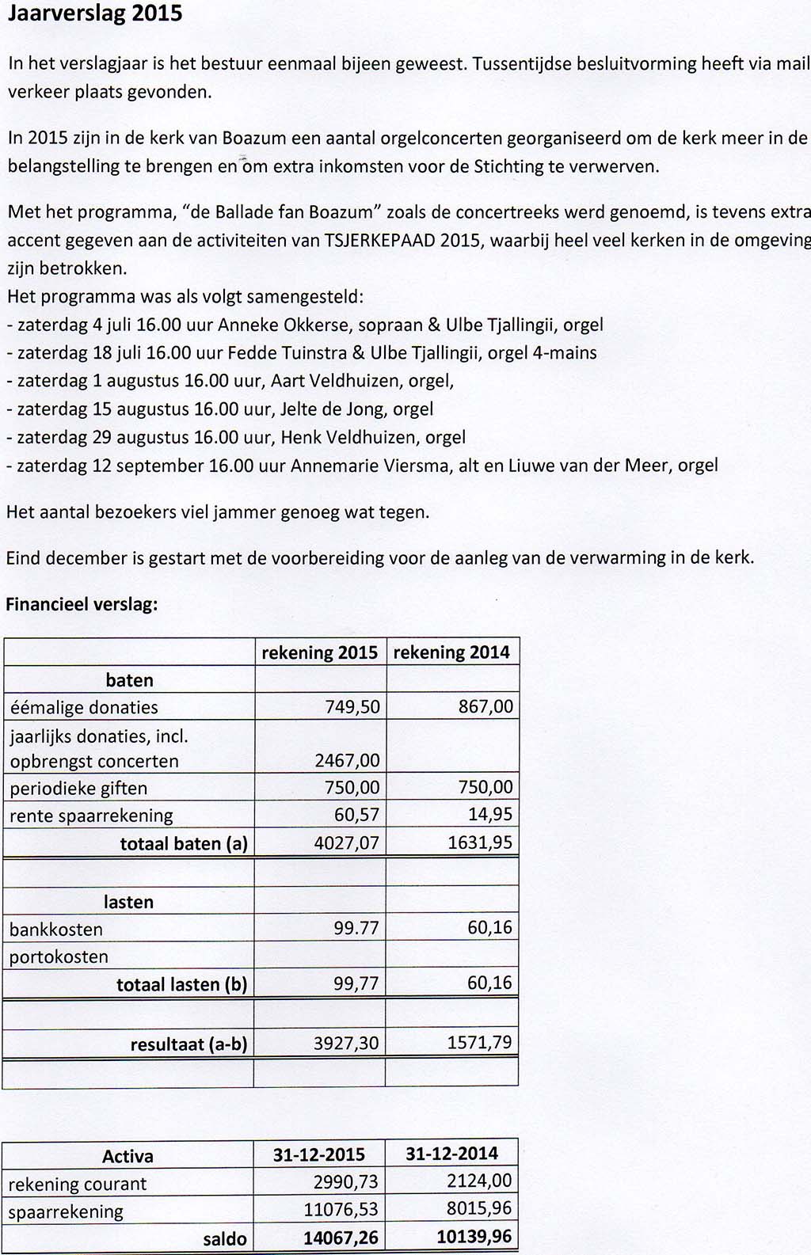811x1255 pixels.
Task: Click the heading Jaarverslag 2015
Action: click(94, 14)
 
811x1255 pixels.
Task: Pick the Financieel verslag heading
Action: click(82, 605)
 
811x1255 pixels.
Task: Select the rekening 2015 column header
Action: click(320, 652)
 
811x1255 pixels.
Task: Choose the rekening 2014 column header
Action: click(451, 652)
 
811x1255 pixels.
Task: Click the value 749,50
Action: click(352, 707)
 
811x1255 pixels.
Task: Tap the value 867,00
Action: click(485, 706)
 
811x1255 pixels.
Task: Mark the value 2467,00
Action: click(347, 761)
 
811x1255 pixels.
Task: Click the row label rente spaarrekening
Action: click(91, 816)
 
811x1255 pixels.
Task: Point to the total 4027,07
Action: click(347, 843)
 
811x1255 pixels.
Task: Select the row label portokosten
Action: click(59, 956)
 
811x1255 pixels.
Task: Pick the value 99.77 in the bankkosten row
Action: click(356, 928)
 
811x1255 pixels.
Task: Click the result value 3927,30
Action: click(346, 1043)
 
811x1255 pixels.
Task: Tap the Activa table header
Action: click(128, 1157)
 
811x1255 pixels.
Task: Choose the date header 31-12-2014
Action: click(451, 1154)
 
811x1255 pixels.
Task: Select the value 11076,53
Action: click(341, 1210)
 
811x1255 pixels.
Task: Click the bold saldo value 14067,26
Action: click(341, 1238)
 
